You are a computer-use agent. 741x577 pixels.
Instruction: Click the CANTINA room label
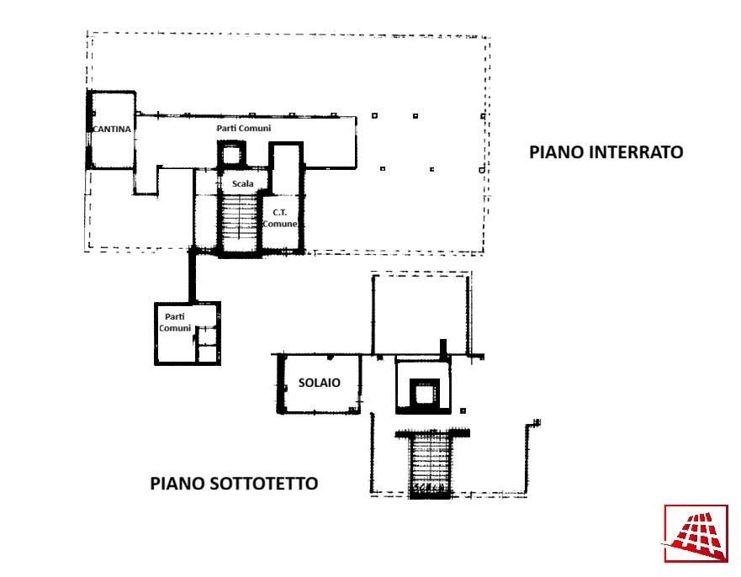[112, 129]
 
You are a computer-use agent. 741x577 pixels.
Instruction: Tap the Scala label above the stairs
[243, 183]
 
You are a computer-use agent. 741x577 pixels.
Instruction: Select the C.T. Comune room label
[279, 218]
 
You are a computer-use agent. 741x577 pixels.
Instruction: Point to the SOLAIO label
[319, 383]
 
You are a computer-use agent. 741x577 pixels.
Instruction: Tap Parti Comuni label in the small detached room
[175, 322]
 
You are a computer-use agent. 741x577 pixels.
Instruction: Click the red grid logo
[696, 533]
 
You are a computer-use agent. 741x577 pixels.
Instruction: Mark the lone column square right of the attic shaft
[463, 410]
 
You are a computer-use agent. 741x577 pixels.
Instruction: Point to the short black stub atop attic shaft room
[442, 348]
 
